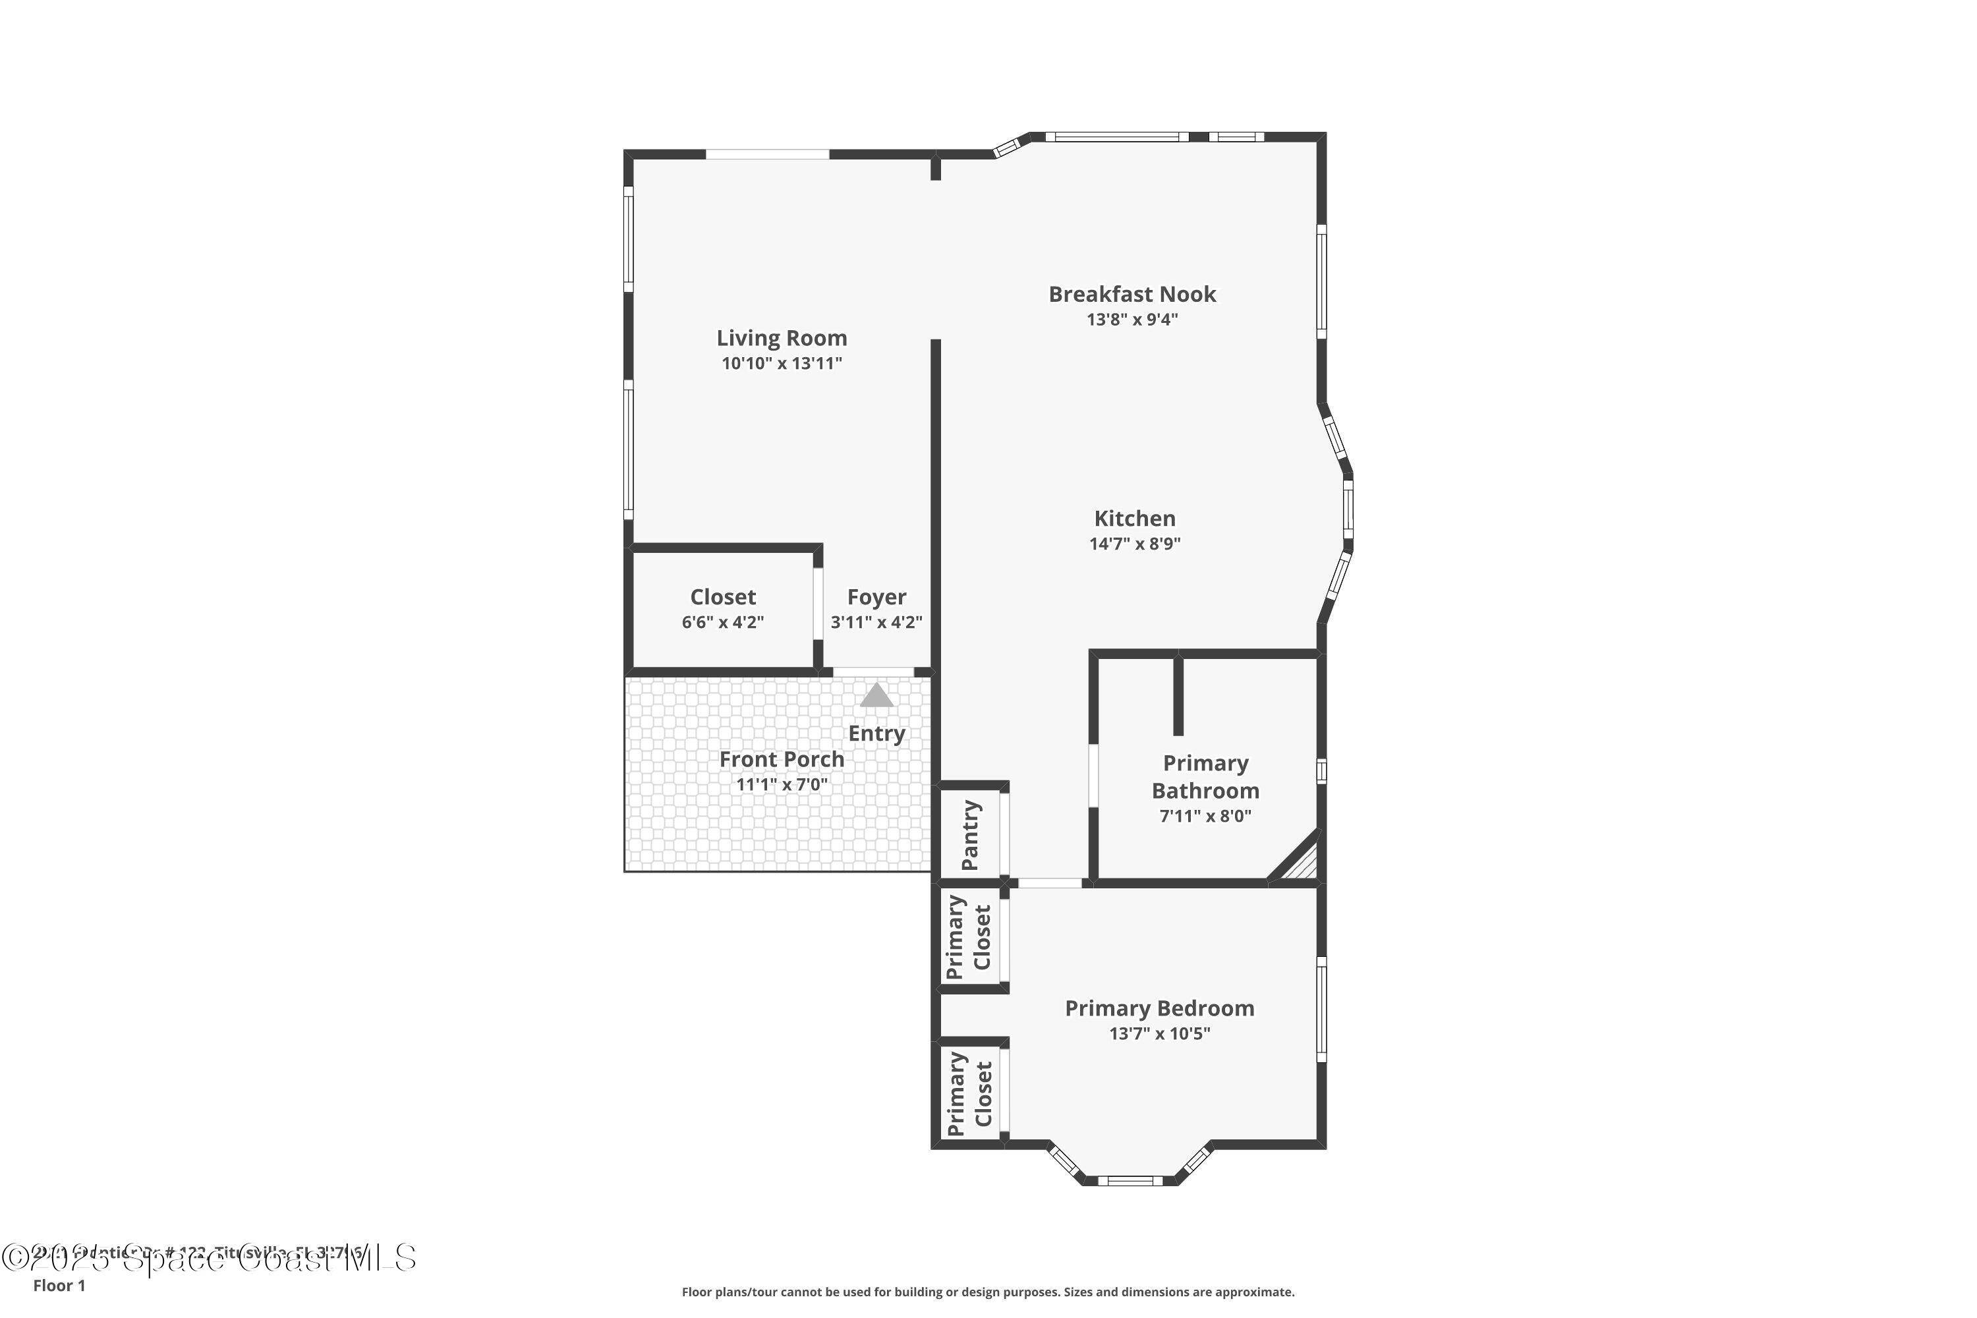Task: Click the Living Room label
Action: point(781,338)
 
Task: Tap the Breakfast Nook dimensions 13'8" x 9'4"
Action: point(1132,320)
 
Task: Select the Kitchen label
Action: point(1134,519)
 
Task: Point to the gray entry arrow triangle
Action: point(876,696)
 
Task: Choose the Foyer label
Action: point(876,597)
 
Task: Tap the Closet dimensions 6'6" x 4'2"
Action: point(722,623)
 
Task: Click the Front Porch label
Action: point(781,759)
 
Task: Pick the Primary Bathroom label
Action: point(1205,777)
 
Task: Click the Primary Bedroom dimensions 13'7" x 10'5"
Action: point(1159,1034)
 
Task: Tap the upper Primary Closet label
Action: point(968,937)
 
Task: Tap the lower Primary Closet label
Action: point(968,1093)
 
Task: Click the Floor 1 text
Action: point(59,1285)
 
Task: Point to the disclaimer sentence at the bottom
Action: point(988,1292)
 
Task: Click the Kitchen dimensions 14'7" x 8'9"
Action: point(1134,544)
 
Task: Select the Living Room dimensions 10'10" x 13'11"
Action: point(781,364)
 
